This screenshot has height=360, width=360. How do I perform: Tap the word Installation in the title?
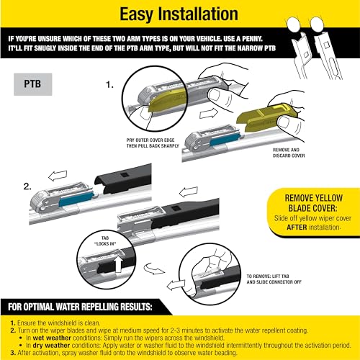203,14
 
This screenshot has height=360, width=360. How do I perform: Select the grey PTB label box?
34,83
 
